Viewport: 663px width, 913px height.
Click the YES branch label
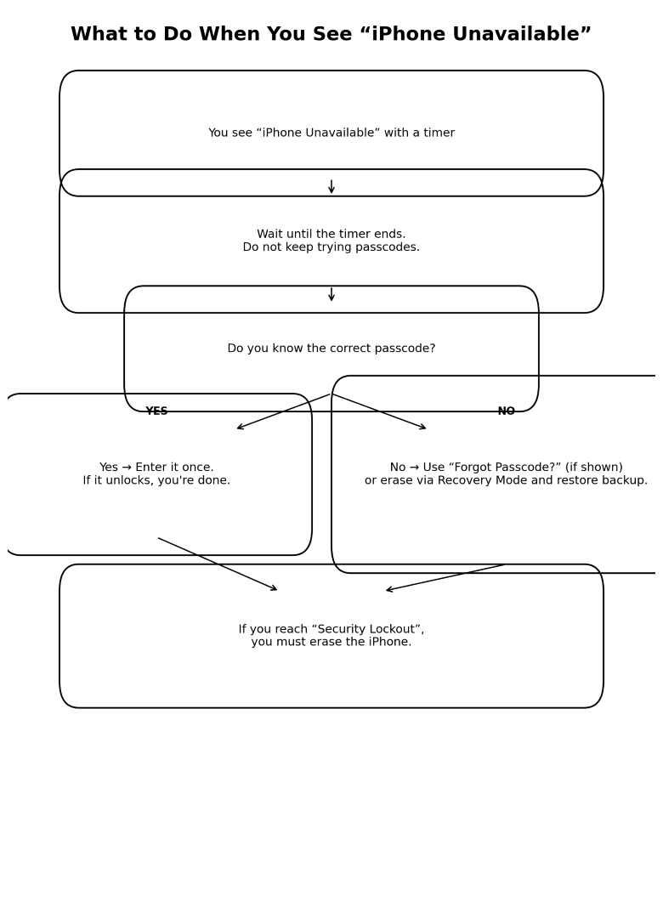[x=156, y=411]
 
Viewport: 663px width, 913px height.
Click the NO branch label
[x=507, y=411]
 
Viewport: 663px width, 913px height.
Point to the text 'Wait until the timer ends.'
[x=331, y=235]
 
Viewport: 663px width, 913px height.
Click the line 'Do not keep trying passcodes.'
[x=331, y=247]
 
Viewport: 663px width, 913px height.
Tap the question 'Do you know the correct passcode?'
[x=331, y=349]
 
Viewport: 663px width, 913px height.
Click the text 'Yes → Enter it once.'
[x=156, y=468]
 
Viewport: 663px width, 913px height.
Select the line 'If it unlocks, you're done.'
[x=156, y=481]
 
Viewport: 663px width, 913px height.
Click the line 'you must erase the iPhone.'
[x=331, y=643]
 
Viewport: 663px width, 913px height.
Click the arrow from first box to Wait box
[x=331, y=186]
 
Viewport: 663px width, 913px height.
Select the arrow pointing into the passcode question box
[x=331, y=294]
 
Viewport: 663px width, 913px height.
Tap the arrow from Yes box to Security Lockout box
[x=218, y=564]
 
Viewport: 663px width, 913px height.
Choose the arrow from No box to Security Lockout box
[x=445, y=577]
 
